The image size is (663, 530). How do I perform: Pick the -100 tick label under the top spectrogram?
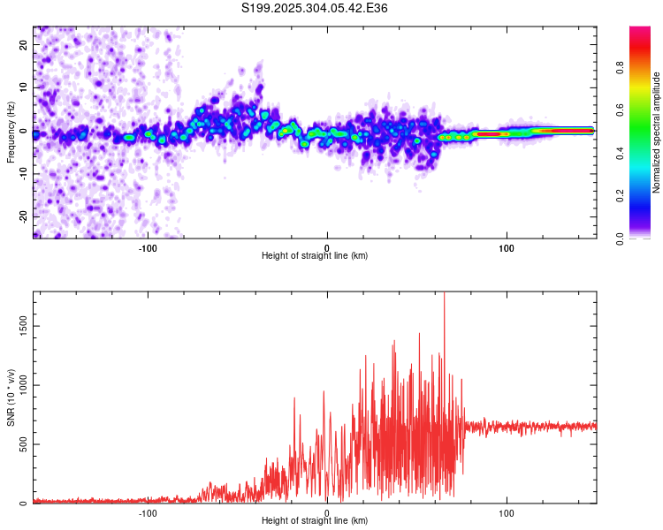click(148, 248)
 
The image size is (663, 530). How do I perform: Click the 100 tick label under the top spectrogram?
click(507, 248)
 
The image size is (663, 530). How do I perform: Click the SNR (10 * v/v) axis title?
click(11, 397)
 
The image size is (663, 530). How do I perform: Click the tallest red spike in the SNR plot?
click(444, 295)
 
